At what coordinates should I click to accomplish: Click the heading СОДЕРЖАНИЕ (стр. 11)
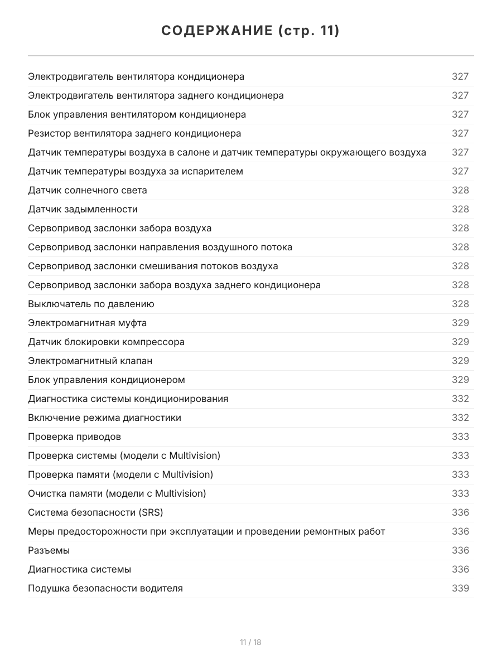click(x=250, y=31)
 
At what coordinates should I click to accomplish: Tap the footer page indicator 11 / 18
click(x=250, y=642)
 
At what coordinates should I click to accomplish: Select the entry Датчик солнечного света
click(x=88, y=190)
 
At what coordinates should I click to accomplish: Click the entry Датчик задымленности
click(x=83, y=209)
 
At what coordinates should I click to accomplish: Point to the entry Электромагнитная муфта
click(x=88, y=323)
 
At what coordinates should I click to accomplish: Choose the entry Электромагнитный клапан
click(x=90, y=361)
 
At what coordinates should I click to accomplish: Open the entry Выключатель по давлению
click(x=91, y=304)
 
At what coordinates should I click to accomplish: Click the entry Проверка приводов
click(x=74, y=437)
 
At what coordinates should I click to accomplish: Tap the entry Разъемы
click(x=49, y=550)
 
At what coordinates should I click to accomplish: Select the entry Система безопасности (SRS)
click(x=95, y=512)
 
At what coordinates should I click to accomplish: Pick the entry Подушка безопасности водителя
click(x=105, y=588)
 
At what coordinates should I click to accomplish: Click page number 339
click(x=460, y=588)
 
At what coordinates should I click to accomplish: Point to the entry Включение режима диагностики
click(x=104, y=418)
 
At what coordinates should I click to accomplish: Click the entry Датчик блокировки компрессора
click(x=106, y=342)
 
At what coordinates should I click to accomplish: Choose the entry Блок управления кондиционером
click(x=107, y=380)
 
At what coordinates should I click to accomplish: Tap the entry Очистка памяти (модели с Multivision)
click(x=117, y=493)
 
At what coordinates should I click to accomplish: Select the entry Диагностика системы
click(x=80, y=569)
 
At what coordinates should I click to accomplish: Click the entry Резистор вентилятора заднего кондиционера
click(x=134, y=133)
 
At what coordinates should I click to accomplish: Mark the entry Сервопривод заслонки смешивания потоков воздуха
click(x=153, y=266)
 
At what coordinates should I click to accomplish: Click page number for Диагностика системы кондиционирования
click(x=460, y=399)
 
